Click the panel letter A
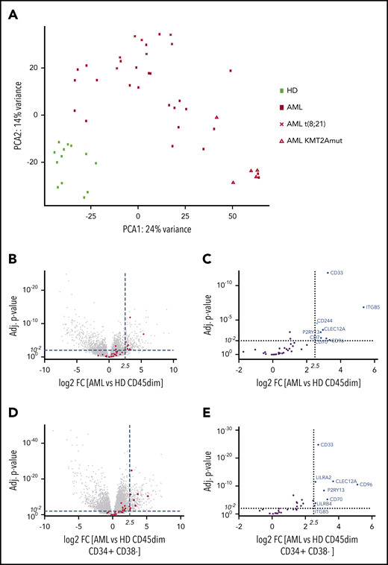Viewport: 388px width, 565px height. tap(16, 10)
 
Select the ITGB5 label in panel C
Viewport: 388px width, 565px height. tap(375, 307)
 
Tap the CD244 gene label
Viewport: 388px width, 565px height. tap(325, 321)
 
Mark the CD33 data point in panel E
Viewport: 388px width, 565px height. tap(318, 445)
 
